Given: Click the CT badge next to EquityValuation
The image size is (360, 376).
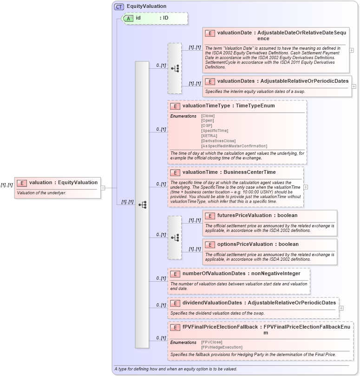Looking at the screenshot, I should click(x=119, y=7).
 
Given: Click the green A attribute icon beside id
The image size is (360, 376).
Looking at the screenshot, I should click(x=127, y=18).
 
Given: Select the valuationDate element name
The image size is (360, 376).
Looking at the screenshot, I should click(x=236, y=33).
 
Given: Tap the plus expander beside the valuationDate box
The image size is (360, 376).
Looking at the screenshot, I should click(x=351, y=50).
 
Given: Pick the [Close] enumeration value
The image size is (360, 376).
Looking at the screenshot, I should click(x=208, y=116).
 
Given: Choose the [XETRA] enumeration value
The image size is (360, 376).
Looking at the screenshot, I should click(x=209, y=136).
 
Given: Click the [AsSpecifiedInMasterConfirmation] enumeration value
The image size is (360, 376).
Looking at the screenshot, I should click(x=234, y=146).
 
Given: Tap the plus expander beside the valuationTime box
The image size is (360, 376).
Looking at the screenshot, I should click(x=306, y=187).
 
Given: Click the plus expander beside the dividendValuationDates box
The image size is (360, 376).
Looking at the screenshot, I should click(x=341, y=308).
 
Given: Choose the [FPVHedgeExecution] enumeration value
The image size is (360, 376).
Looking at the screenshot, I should click(x=222, y=347).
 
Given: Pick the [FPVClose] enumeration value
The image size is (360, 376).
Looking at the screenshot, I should click(x=211, y=342).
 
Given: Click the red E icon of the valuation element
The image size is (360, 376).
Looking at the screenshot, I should click(x=21, y=183).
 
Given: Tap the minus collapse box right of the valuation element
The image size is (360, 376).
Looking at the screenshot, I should click(x=103, y=188).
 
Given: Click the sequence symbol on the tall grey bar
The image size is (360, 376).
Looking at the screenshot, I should click(x=142, y=204).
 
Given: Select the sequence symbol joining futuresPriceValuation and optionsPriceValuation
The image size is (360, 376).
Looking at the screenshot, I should click(x=175, y=237).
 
